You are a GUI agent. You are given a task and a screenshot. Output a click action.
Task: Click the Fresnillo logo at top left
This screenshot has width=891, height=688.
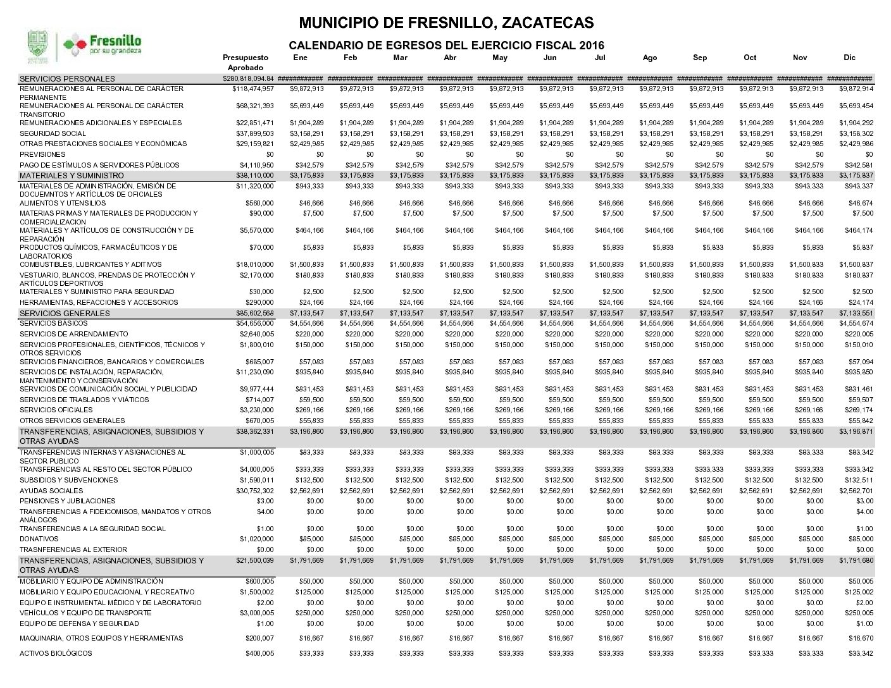84,46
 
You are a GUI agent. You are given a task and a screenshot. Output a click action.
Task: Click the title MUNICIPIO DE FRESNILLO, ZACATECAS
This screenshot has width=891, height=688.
446,23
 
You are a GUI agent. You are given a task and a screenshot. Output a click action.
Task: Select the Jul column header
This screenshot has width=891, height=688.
600,58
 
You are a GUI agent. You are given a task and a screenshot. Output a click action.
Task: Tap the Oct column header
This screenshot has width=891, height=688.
750,58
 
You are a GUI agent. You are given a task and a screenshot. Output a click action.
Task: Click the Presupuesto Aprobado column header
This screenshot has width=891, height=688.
246,62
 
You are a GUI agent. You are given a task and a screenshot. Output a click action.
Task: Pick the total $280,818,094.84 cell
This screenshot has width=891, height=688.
248,78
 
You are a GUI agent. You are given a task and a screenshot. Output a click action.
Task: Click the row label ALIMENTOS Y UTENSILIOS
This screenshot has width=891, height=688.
63,204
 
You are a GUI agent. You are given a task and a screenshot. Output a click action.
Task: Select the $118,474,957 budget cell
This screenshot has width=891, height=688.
253,89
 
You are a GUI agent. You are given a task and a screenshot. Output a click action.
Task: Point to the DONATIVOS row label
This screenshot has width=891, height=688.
39,539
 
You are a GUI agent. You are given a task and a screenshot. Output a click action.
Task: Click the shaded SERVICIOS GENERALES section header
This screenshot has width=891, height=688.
65,313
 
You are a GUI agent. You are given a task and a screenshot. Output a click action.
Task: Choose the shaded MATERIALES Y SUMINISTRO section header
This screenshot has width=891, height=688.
72,175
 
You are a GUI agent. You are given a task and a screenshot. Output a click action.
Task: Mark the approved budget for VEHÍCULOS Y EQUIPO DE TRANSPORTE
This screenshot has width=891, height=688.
257,613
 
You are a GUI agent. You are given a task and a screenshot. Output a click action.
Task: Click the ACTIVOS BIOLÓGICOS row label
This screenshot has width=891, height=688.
56,653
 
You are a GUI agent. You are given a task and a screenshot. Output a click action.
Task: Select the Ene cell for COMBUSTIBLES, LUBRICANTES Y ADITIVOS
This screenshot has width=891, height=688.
307,264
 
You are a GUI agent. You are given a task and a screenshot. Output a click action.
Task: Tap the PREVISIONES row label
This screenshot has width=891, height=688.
42,154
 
